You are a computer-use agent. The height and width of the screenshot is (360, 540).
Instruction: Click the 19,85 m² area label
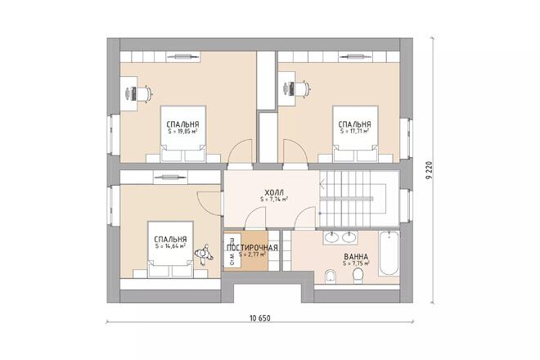182,132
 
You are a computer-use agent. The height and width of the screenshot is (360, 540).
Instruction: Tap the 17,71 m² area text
355,131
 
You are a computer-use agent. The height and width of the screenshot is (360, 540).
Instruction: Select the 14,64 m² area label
170,246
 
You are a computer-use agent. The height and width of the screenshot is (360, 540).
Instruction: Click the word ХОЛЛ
274,192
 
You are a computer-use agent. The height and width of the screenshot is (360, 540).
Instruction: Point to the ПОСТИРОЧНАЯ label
252,248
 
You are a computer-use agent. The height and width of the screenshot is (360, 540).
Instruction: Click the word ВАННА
356,257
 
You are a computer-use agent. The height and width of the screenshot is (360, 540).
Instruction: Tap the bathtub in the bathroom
389,253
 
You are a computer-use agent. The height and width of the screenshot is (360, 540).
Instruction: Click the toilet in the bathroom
358,276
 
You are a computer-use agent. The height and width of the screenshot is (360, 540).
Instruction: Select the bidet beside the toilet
331,276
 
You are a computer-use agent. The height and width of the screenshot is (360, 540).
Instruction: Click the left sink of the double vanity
332,237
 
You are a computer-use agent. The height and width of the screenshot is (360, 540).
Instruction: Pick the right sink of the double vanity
349,237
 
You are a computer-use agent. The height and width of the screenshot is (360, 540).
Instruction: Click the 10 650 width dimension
260,318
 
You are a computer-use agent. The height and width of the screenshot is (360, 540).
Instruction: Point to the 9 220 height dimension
429,171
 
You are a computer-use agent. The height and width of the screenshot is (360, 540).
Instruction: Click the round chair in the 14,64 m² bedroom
204,254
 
